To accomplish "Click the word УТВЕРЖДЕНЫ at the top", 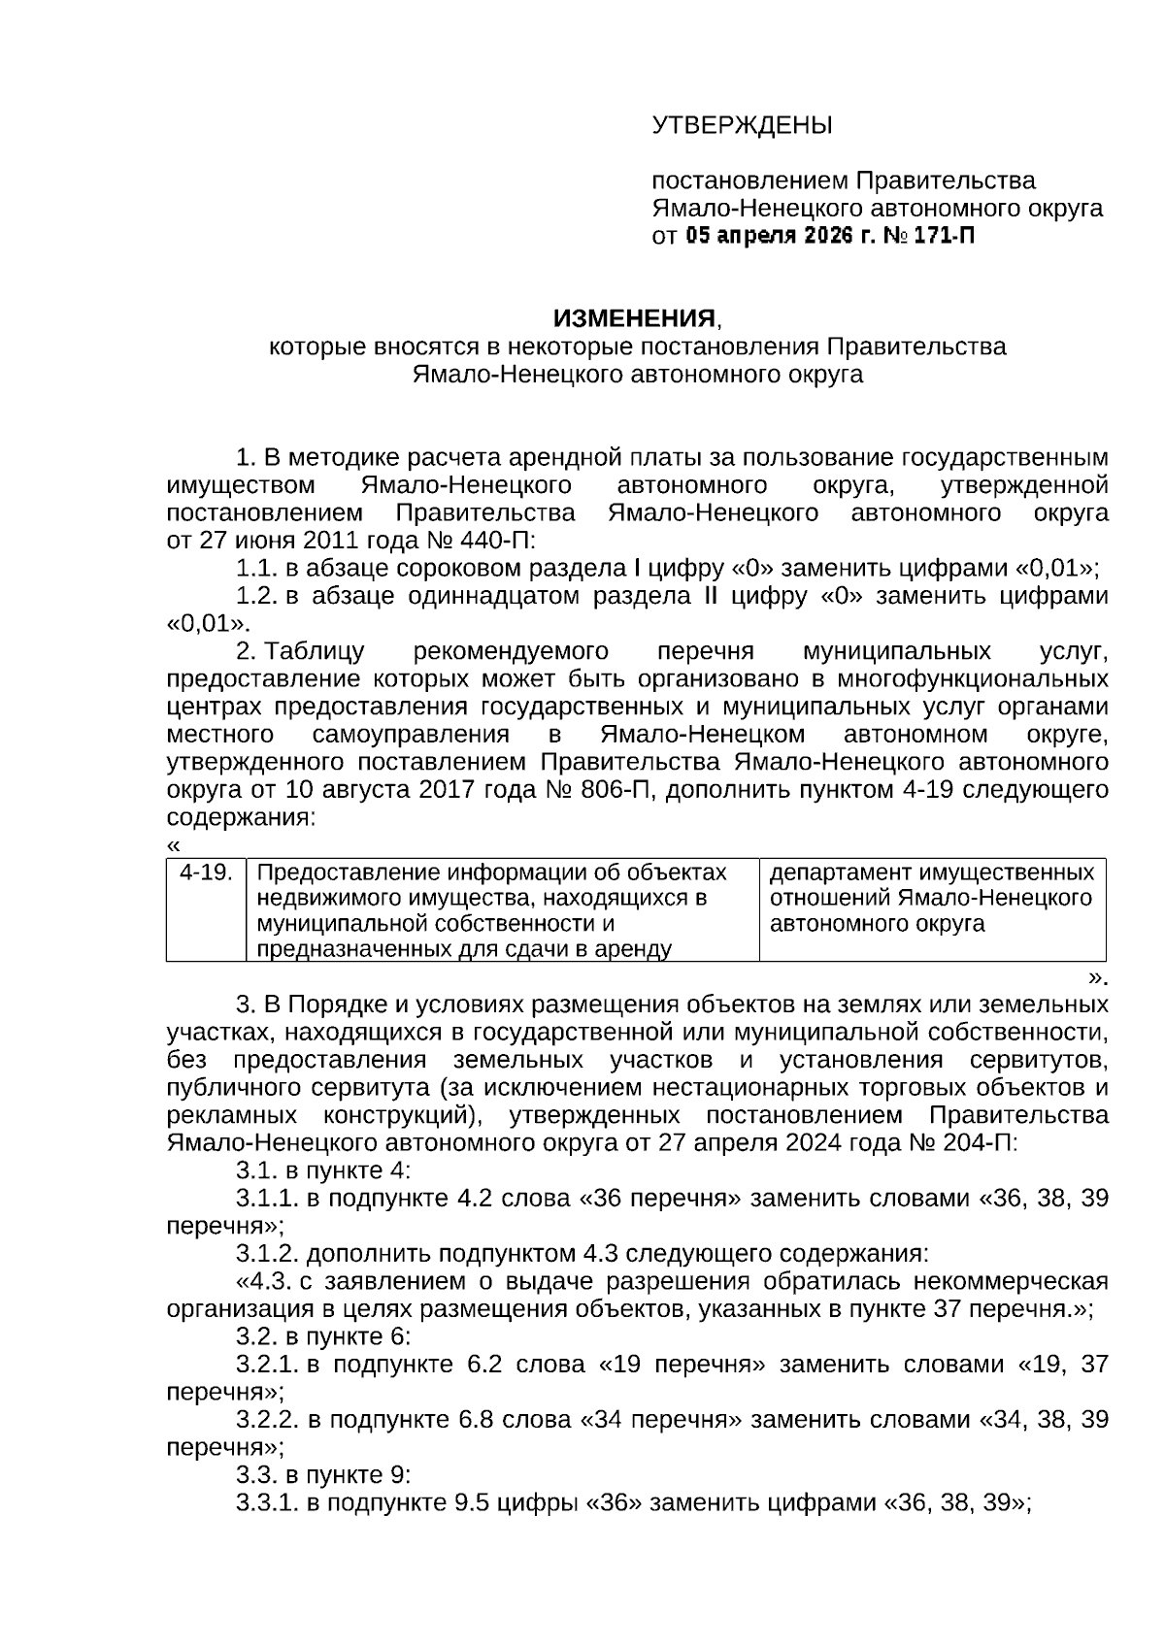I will [x=742, y=125].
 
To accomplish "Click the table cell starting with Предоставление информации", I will [x=502, y=909].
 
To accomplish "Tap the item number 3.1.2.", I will [x=268, y=1252].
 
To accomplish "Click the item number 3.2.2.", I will [x=268, y=1420].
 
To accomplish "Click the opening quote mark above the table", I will [x=174, y=845].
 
